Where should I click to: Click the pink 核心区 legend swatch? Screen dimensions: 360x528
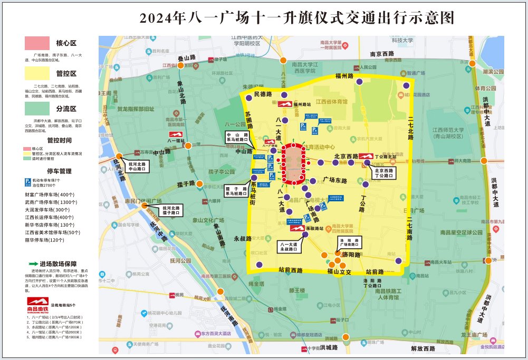click(x=36, y=43)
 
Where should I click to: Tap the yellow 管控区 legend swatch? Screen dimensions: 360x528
click(x=36, y=73)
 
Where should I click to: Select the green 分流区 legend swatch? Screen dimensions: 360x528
click(x=36, y=108)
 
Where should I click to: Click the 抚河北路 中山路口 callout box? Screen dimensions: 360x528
click(x=136, y=167)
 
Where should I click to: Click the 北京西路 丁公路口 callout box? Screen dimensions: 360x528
click(x=384, y=173)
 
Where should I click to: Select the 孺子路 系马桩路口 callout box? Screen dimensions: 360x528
click(x=236, y=190)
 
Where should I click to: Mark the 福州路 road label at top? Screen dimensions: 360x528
click(x=344, y=76)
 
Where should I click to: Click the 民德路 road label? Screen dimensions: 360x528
click(x=263, y=94)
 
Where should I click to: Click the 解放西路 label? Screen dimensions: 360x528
click(x=423, y=348)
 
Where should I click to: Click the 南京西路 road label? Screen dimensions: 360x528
click(x=382, y=54)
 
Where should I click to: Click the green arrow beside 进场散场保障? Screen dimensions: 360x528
click(x=33, y=264)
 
